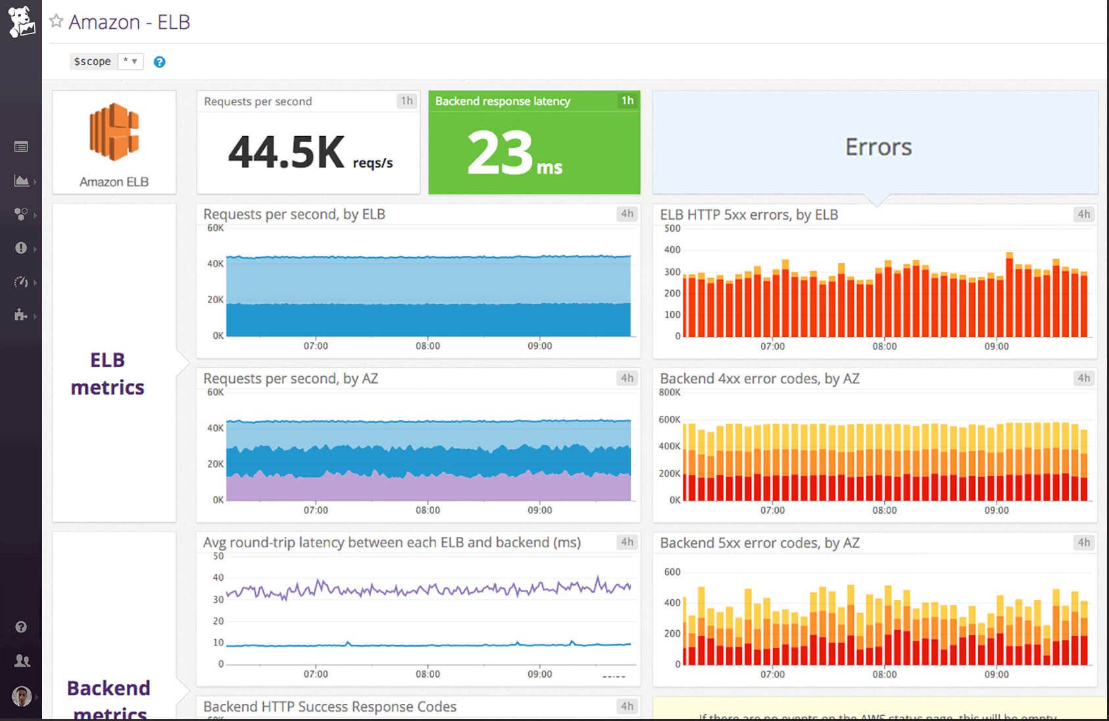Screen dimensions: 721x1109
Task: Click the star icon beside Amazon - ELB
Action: pos(57,21)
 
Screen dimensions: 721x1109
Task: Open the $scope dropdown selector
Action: pos(130,61)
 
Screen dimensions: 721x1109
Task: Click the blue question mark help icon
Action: pos(159,62)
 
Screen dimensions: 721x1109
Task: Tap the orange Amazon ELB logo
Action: pos(114,132)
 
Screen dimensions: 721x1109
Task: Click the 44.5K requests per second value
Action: pos(286,152)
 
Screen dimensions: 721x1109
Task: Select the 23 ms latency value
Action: pos(500,153)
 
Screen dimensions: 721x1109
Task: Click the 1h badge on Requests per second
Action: pos(407,101)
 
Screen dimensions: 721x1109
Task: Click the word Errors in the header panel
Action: pos(878,147)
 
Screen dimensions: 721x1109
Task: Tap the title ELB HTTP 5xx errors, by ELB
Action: pos(749,214)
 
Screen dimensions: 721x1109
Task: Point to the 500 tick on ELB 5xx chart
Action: pos(672,228)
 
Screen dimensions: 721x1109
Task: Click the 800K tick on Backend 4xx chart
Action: pos(670,392)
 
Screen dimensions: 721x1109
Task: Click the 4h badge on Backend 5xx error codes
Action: pos(1083,542)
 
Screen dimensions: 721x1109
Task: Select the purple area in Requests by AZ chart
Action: pos(428,489)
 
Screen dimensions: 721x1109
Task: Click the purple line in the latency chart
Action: pos(428,588)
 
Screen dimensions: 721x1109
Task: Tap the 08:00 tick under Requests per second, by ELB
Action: pos(428,345)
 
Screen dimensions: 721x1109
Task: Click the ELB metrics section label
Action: pos(107,373)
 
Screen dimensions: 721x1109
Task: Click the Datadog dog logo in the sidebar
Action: pos(21,21)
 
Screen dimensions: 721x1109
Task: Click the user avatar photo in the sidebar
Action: pos(22,695)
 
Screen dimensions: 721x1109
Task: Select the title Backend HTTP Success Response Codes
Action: pos(330,707)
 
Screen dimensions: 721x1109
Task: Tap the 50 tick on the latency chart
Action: pos(218,556)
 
